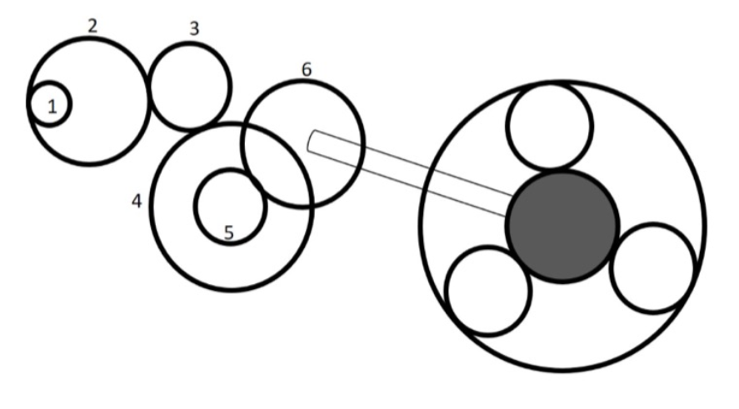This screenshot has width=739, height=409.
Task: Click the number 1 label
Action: pyautogui.click(x=52, y=107)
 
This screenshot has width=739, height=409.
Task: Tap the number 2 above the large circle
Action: pyautogui.click(x=92, y=24)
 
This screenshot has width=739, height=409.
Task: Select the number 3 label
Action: pyautogui.click(x=194, y=28)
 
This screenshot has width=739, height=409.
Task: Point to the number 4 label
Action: pyautogui.click(x=137, y=202)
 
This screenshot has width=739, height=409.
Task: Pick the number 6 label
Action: pyautogui.click(x=306, y=69)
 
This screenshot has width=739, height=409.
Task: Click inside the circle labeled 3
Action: pyautogui.click(x=190, y=87)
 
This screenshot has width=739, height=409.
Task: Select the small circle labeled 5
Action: pyautogui.click(x=230, y=204)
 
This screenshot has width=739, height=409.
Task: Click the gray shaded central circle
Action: pyautogui.click(x=562, y=226)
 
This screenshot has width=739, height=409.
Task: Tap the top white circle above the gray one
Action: pyautogui.click(x=550, y=127)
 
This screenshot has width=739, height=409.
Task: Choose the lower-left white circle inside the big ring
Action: pyautogui.click(x=488, y=292)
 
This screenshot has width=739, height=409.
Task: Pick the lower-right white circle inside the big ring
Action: pyautogui.click(x=652, y=267)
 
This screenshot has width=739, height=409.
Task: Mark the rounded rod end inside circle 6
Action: pyautogui.click(x=312, y=141)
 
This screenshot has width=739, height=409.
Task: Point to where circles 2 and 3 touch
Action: pyautogui.click(x=149, y=89)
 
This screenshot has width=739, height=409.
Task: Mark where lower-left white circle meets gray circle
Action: pyautogui.click(x=520, y=262)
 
